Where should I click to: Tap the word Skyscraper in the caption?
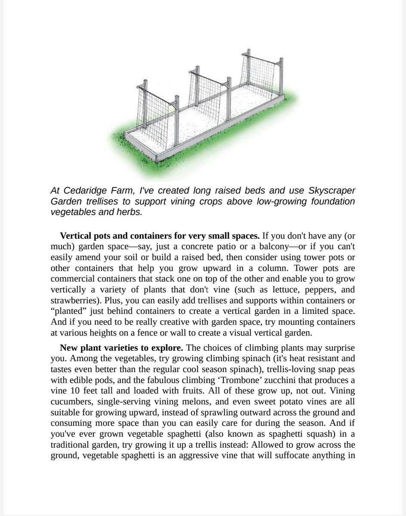(x=332, y=190)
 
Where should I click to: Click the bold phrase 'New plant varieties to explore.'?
(x=122, y=348)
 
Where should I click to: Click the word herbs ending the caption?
(x=129, y=212)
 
